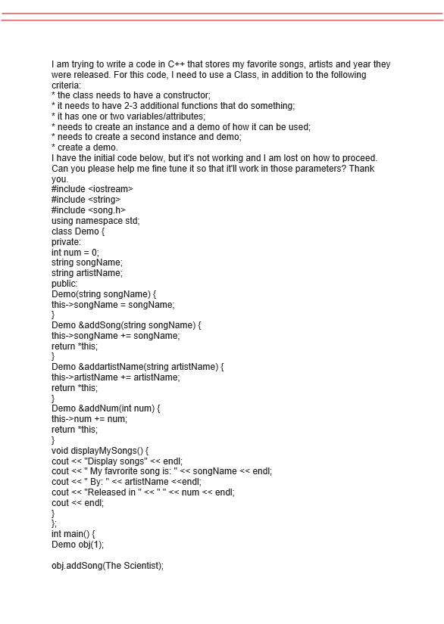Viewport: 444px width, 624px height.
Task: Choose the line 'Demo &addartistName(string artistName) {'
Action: click(139, 366)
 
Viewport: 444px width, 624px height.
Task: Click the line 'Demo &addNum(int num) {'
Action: click(107, 408)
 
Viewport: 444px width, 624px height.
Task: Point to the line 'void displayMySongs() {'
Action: click(105, 449)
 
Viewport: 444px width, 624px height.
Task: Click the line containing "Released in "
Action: click(143, 492)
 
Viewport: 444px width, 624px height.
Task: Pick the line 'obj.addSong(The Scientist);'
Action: click(108, 565)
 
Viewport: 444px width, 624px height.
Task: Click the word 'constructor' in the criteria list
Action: click(166, 95)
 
